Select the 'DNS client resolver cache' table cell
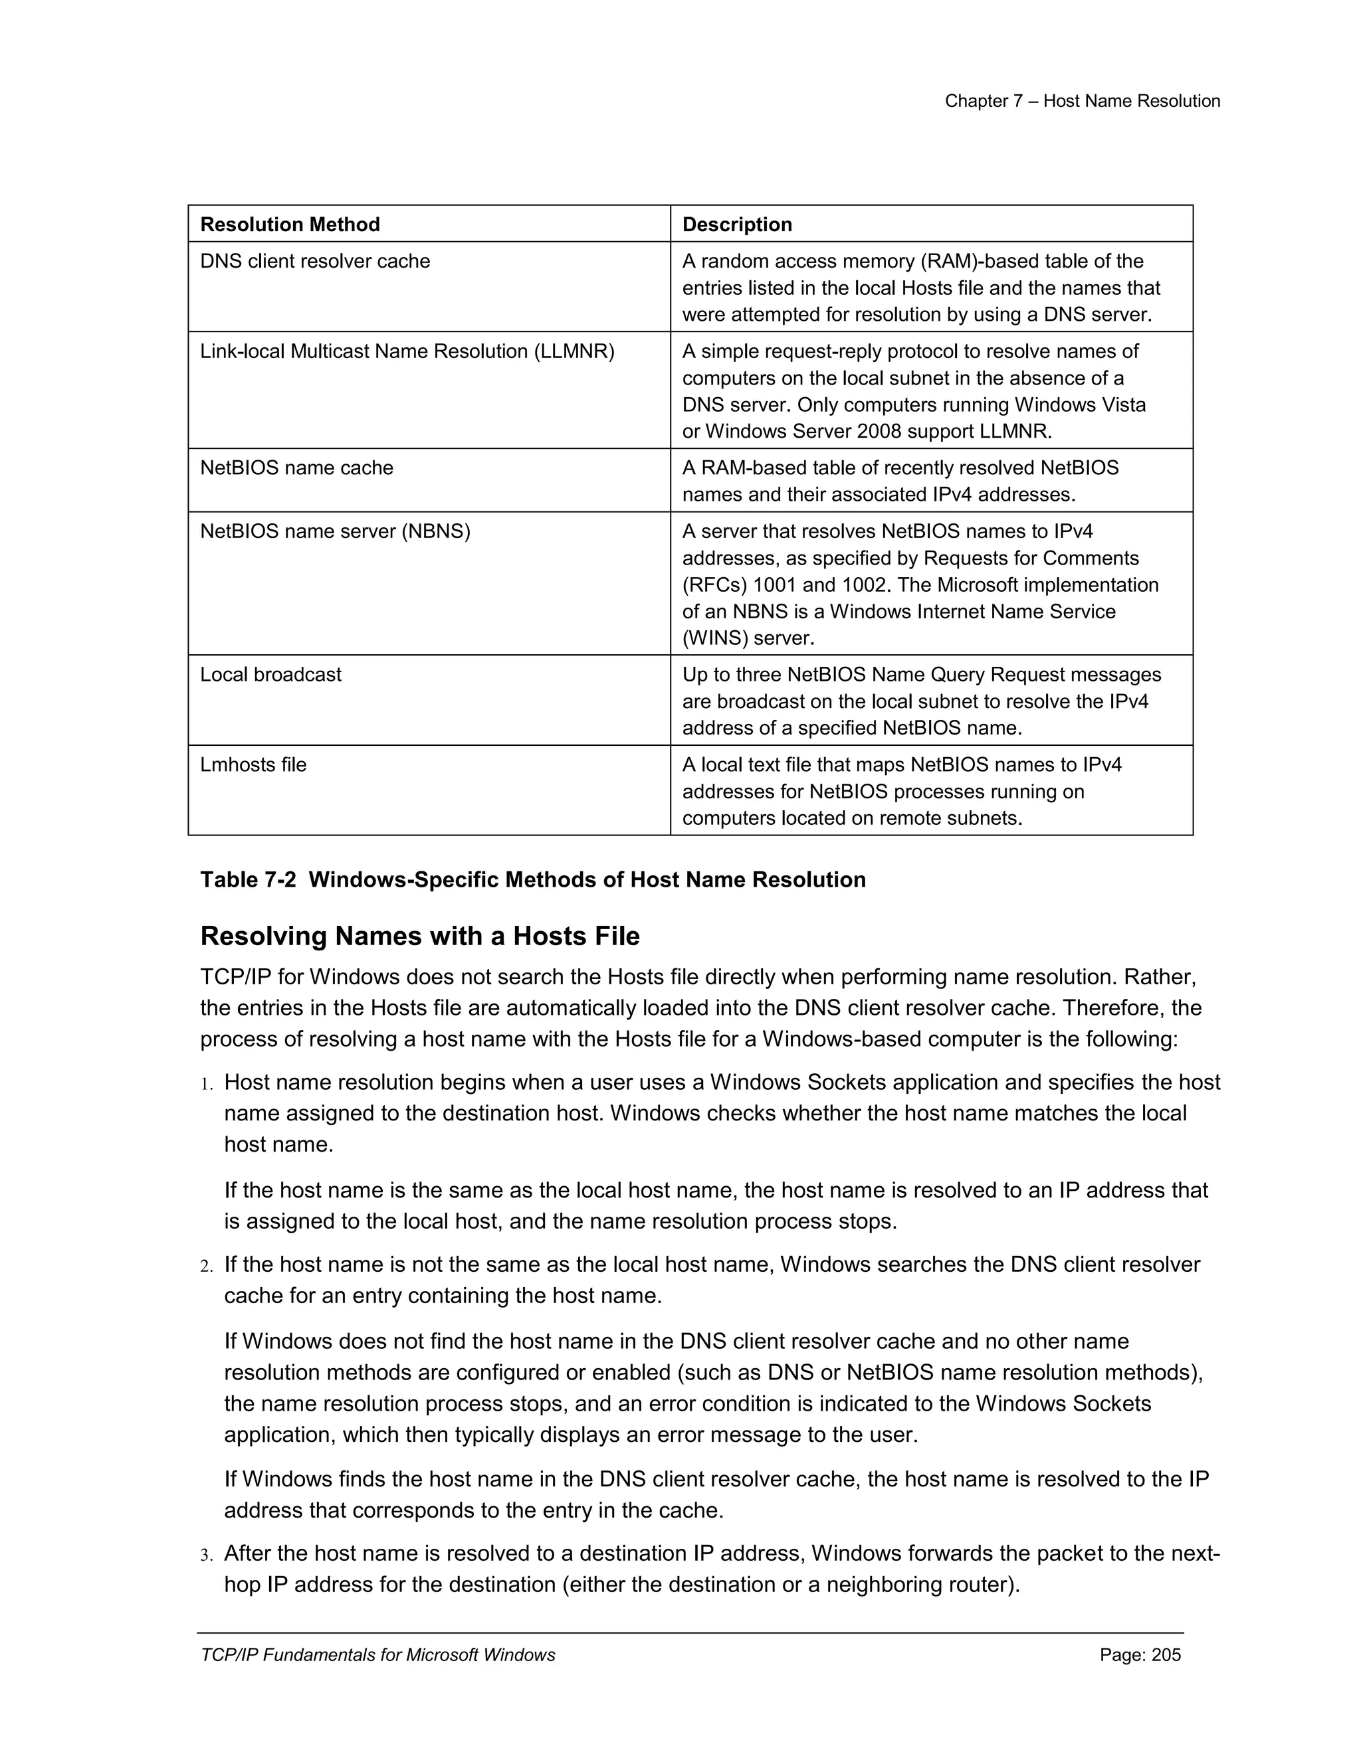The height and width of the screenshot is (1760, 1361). (x=314, y=261)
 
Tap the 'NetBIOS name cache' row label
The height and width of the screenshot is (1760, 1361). (x=296, y=468)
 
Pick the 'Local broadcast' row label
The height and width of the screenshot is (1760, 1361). (x=270, y=675)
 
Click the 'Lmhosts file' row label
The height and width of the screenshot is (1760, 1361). (x=253, y=764)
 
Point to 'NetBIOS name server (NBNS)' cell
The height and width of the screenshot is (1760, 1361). (x=335, y=532)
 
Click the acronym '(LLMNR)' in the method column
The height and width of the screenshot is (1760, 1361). (x=574, y=351)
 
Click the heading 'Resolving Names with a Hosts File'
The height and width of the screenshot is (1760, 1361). (x=419, y=936)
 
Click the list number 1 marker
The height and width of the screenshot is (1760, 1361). (x=207, y=1084)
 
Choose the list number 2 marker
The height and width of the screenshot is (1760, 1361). (x=207, y=1266)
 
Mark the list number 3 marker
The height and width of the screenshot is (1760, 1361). (x=207, y=1555)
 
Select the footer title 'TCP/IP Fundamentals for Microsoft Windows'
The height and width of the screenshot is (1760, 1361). (x=377, y=1655)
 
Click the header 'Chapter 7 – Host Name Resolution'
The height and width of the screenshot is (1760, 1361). (x=1082, y=101)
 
